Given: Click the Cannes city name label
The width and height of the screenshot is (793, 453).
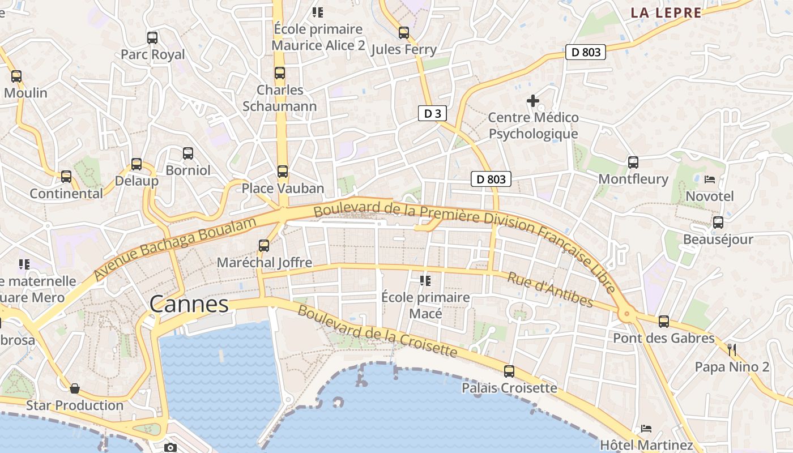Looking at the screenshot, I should (x=189, y=305).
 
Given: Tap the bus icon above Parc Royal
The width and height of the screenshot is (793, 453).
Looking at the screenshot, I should (x=152, y=38).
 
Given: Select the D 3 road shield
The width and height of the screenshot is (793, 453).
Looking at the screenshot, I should (x=432, y=113).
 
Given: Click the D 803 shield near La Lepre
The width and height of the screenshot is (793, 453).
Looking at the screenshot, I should (x=586, y=52).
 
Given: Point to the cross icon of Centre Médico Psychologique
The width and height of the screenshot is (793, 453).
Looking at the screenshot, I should (x=533, y=101).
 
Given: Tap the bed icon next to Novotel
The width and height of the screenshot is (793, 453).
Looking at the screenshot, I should (x=709, y=180).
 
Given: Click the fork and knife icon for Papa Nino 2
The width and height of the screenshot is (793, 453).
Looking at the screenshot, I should (x=732, y=349).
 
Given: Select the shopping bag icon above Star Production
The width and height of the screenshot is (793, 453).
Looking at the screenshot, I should (x=74, y=388).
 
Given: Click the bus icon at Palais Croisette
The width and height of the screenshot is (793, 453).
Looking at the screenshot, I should (x=509, y=371).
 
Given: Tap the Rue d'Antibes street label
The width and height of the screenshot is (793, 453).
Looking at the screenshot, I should (x=549, y=289).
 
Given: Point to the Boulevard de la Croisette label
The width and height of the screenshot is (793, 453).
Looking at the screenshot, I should (x=377, y=332).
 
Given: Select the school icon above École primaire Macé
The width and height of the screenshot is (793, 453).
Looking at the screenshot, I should (x=425, y=280).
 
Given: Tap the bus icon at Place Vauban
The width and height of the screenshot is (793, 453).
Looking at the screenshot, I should (x=282, y=171).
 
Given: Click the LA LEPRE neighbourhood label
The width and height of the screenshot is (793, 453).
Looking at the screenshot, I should (x=666, y=13).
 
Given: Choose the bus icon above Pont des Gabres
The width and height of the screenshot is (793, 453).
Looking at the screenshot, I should (x=664, y=322).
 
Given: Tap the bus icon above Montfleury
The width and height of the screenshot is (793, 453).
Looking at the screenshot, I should (x=633, y=163).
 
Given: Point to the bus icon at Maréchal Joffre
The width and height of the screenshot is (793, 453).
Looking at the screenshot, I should (x=264, y=246).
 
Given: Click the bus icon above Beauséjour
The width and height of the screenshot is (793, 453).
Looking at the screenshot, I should (x=718, y=223).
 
